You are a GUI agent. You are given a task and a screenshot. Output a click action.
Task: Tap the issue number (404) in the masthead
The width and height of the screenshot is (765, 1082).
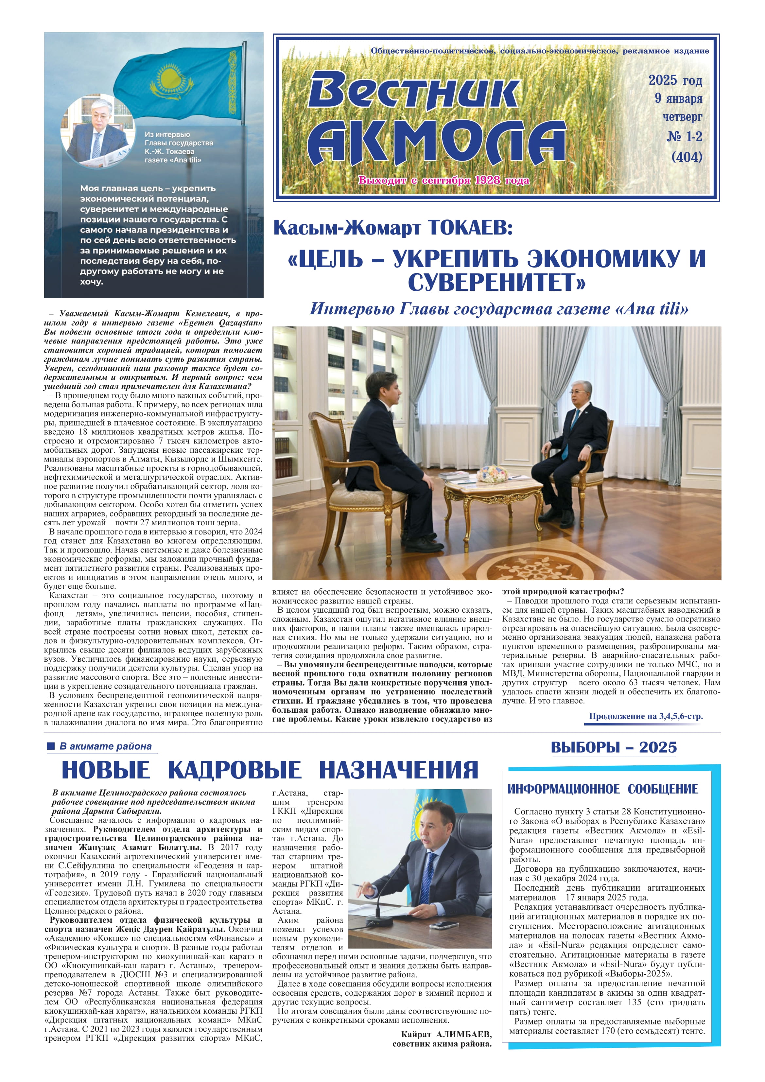point(687,157)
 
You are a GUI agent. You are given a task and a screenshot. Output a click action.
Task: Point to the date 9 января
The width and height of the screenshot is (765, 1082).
point(678,98)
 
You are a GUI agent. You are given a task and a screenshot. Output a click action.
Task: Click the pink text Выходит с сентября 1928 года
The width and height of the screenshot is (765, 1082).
point(443,180)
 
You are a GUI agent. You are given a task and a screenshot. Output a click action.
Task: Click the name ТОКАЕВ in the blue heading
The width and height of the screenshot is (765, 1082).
point(470,228)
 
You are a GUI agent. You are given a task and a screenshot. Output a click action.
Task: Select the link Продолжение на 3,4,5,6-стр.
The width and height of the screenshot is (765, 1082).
point(645,716)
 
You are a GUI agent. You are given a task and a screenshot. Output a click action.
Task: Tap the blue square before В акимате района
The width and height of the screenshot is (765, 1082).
point(51,746)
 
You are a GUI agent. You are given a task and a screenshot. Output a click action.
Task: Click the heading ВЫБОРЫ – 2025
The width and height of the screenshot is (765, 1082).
point(613,747)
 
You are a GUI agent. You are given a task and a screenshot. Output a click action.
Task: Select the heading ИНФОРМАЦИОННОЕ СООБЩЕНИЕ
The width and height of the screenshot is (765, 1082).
point(602,789)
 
